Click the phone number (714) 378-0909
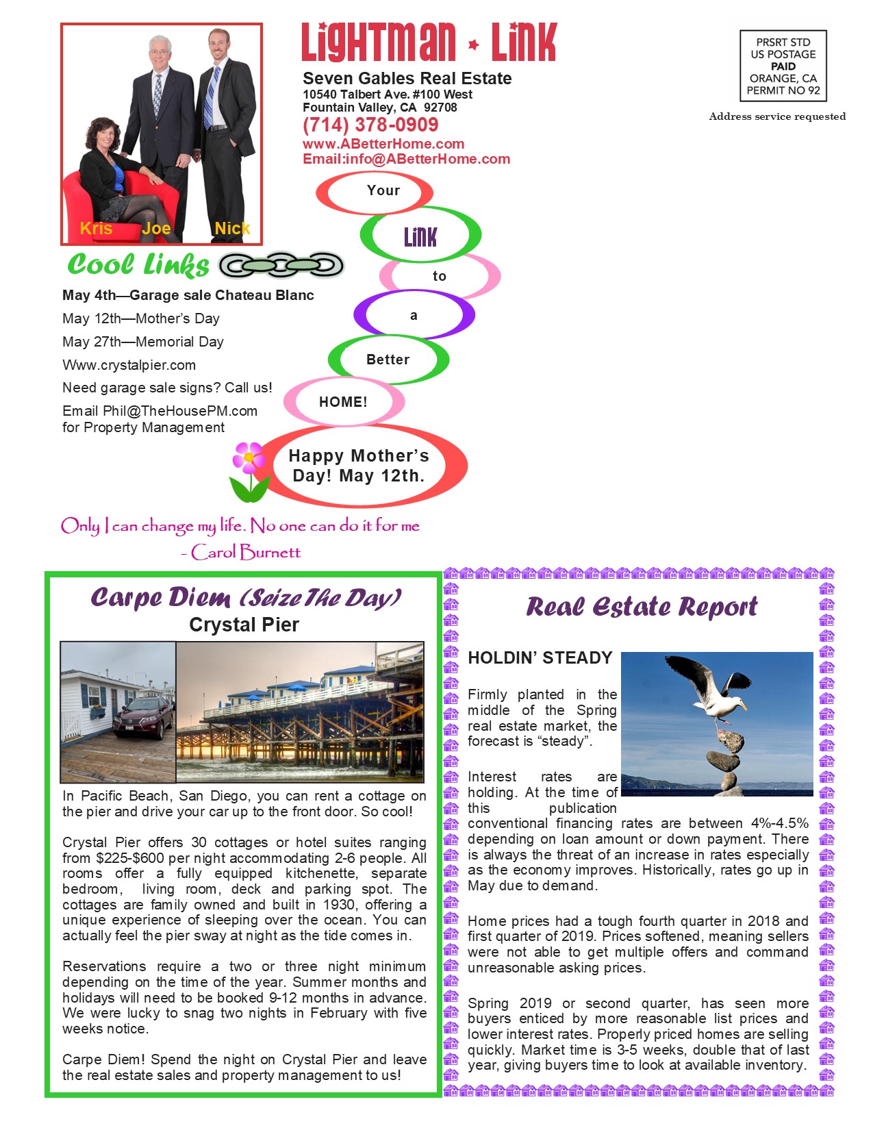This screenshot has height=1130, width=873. (370, 125)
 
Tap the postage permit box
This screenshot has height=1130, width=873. (783, 66)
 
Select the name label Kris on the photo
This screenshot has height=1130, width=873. (96, 229)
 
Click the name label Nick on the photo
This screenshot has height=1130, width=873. (232, 229)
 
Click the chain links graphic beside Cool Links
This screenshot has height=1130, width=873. (281, 266)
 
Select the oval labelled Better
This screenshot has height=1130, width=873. (388, 360)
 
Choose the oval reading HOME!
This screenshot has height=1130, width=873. (343, 402)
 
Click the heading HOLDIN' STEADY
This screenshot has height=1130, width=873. (540, 658)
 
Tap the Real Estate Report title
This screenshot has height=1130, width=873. (642, 607)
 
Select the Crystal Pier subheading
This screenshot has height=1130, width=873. (244, 625)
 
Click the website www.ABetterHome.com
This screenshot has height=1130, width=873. (383, 144)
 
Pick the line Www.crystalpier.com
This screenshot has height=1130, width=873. (129, 365)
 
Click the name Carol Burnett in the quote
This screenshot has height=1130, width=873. (246, 552)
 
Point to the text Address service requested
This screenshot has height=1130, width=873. (777, 116)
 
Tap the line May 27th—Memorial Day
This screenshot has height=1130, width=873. (142, 342)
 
